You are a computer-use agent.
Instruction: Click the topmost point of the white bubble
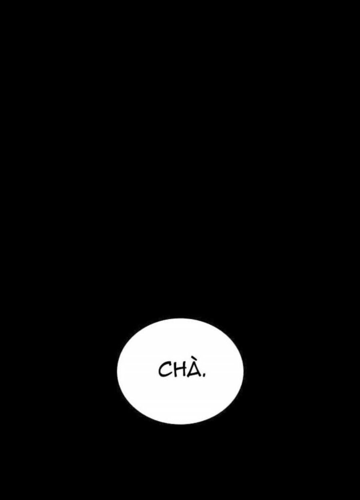(180, 319)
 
